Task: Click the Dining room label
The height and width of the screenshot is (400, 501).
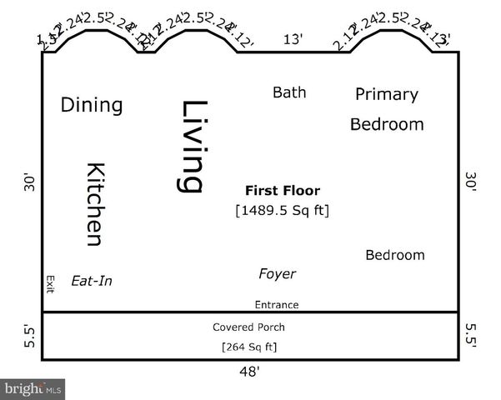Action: tap(92, 106)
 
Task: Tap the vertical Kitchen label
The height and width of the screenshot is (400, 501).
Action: tap(95, 204)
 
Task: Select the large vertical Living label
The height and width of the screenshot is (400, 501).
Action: tap(193, 147)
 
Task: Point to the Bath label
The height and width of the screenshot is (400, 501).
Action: tap(289, 92)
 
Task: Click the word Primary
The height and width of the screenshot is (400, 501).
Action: tap(386, 94)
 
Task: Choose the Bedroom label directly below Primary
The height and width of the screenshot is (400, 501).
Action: tap(386, 125)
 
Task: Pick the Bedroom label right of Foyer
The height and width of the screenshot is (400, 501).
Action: tap(394, 255)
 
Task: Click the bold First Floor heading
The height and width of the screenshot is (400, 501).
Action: tap(282, 191)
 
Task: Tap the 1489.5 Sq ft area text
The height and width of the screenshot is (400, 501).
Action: tap(282, 210)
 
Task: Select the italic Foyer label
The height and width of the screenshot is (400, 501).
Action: tap(277, 274)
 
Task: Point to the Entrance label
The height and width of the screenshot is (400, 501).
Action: tap(277, 305)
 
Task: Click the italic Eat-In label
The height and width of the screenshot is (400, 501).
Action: tap(92, 282)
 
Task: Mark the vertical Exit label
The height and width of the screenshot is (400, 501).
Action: tap(50, 284)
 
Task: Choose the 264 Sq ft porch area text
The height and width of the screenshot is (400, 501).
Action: tap(248, 347)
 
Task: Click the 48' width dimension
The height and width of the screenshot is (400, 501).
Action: tap(249, 372)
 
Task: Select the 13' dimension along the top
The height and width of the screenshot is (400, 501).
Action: tap(293, 38)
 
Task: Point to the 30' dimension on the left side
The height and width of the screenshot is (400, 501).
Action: tap(29, 182)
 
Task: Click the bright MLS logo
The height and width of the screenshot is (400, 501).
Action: tap(33, 388)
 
